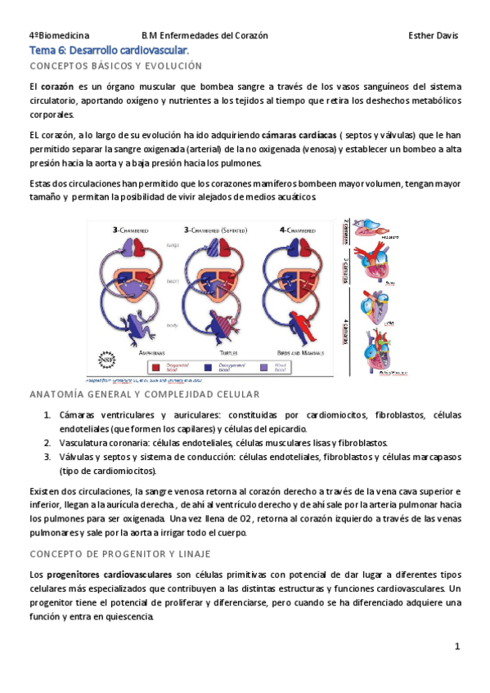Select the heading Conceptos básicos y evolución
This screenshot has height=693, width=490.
(x=115, y=65)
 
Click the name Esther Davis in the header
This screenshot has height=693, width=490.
(x=433, y=36)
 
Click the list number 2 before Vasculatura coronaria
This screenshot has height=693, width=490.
(x=47, y=442)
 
